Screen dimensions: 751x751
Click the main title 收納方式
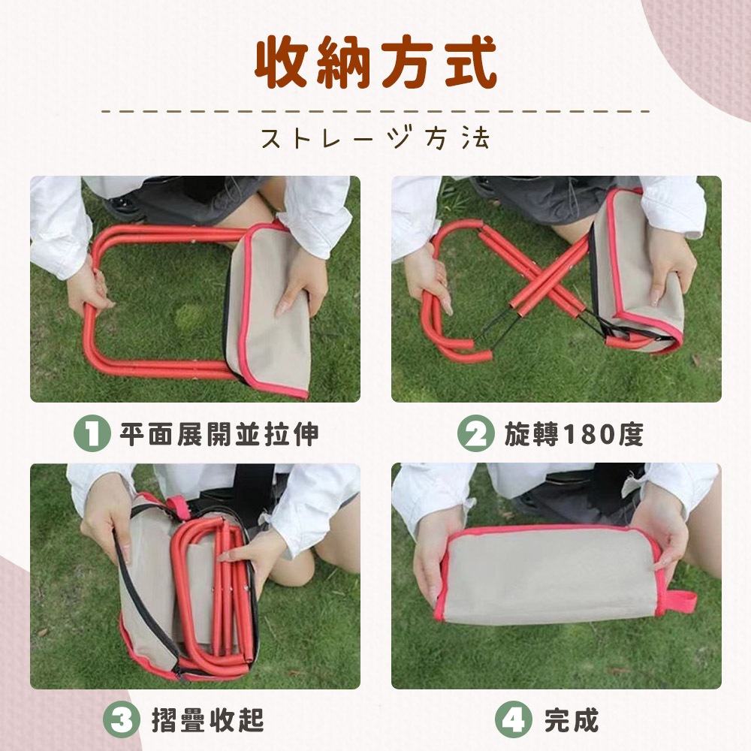(376, 63)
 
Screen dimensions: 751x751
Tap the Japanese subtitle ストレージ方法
(376, 138)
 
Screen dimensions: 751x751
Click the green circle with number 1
(92, 433)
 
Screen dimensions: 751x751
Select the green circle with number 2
(475, 433)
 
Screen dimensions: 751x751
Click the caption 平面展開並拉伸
(219, 434)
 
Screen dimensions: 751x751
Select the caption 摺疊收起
(208, 720)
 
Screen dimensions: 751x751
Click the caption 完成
(572, 720)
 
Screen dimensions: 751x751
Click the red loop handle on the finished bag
(680, 602)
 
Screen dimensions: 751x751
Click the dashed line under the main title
(376, 112)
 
